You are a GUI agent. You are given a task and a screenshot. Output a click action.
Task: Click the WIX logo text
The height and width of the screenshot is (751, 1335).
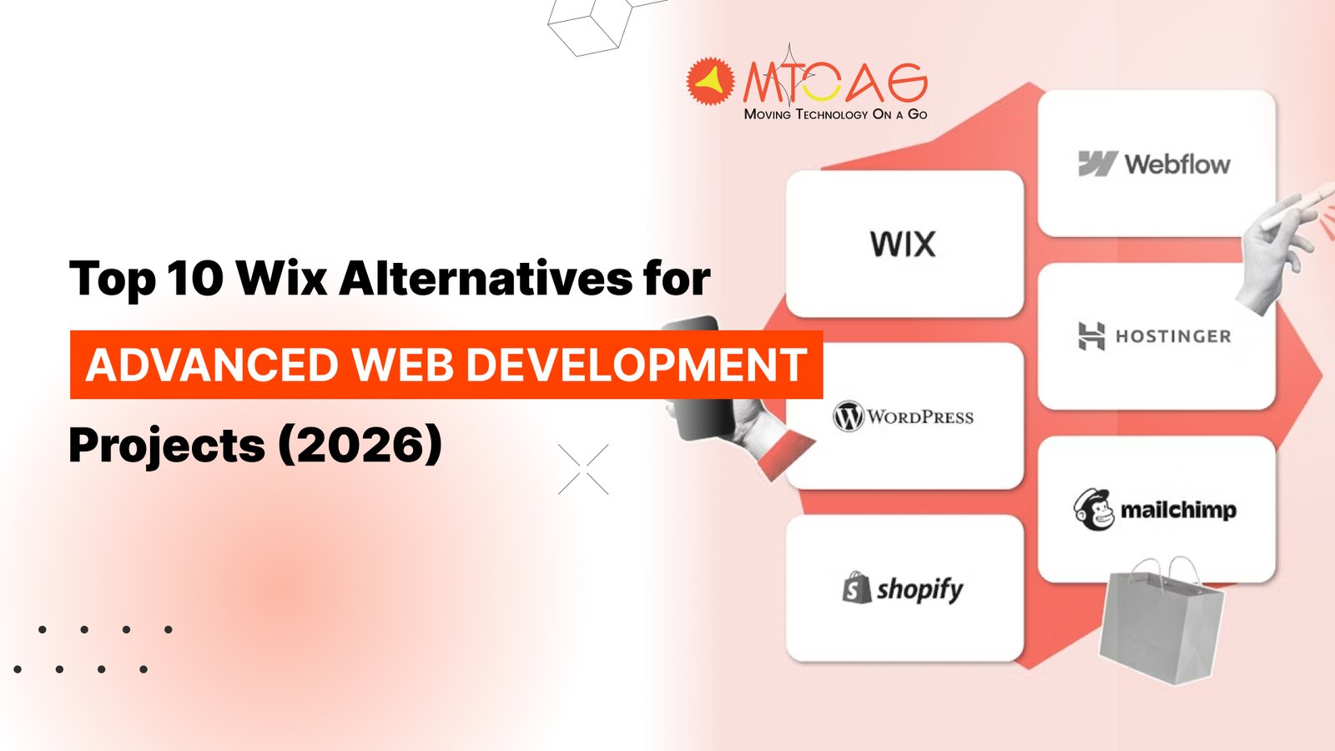(x=903, y=244)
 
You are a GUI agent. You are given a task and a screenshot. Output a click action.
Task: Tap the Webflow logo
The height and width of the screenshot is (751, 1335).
(x=1155, y=164)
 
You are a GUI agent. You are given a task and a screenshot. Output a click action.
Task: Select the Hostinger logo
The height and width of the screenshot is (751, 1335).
(x=1155, y=335)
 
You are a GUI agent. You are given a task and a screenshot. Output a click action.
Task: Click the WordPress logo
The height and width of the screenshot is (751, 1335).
(x=904, y=416)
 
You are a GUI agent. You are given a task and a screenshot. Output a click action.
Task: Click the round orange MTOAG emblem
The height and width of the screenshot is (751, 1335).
(x=710, y=82)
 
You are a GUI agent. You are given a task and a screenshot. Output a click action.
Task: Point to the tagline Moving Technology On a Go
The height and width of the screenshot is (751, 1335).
(x=835, y=114)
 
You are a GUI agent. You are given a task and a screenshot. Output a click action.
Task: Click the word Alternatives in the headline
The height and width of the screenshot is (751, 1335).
(x=486, y=278)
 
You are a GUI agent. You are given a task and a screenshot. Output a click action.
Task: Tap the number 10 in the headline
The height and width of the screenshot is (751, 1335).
(x=195, y=278)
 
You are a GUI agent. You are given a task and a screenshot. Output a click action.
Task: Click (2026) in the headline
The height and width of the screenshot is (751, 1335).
(x=360, y=445)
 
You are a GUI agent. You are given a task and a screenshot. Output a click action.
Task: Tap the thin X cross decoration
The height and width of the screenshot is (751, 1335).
(x=583, y=469)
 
